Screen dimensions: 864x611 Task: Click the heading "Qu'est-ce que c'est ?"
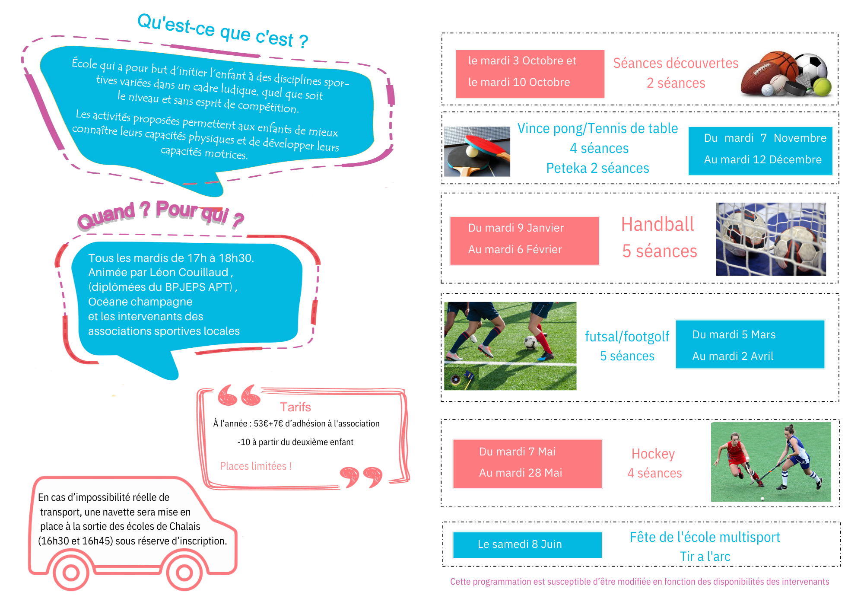(223, 31)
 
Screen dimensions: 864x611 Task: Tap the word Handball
(658, 225)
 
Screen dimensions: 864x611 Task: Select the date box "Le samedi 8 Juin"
(527, 545)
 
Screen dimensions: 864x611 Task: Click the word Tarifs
(295, 407)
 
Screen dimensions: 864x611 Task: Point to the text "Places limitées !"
(256, 466)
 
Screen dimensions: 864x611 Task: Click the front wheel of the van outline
(184, 573)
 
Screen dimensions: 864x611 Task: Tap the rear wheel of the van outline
(71, 573)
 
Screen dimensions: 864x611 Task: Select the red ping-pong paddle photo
(477, 151)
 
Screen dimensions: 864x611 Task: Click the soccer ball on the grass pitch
(531, 343)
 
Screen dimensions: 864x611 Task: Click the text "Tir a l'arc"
(705, 557)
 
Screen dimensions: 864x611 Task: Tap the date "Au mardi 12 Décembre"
(762, 159)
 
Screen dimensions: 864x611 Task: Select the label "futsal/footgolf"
(627, 336)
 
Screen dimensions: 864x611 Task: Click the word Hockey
(653, 454)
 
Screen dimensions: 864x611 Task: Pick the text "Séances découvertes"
(676, 63)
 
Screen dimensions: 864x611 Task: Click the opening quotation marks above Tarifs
(239, 395)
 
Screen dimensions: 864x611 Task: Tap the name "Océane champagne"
(140, 302)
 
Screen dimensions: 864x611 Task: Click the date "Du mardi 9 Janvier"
(516, 228)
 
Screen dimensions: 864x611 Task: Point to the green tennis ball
(822, 87)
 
